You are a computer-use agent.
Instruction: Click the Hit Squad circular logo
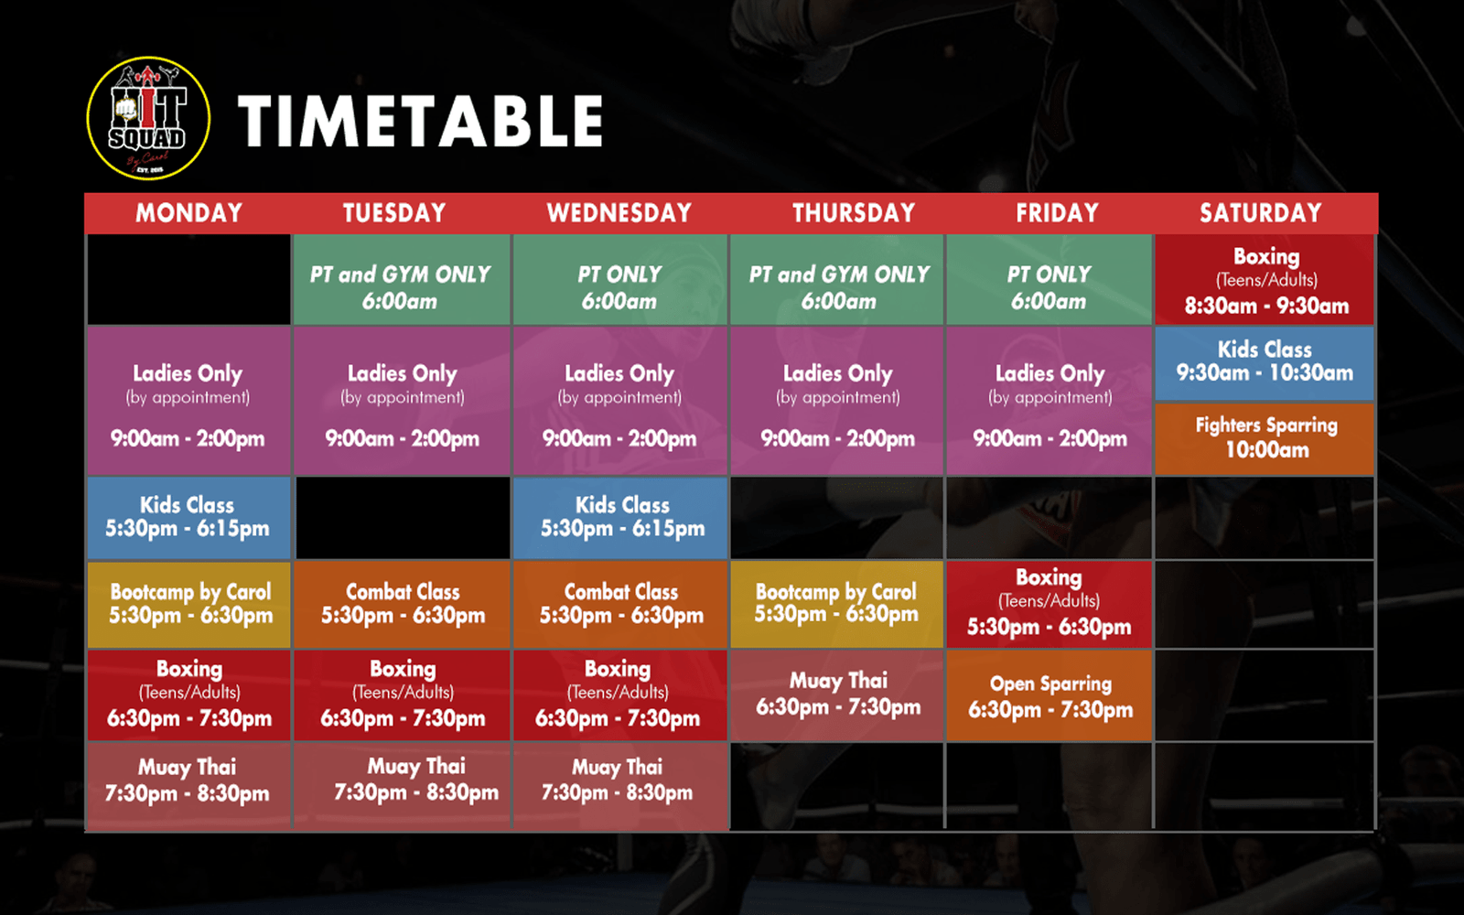coord(148,118)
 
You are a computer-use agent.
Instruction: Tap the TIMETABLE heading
coord(420,121)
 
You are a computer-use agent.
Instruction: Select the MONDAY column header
coord(188,213)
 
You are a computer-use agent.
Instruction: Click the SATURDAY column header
coord(1260,213)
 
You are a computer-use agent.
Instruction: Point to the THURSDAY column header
coord(854,213)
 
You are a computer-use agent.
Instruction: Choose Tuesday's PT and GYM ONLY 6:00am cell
coord(402,280)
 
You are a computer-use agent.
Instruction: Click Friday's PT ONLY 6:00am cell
coord(1049,280)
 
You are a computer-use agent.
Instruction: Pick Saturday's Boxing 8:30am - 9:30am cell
coord(1265,280)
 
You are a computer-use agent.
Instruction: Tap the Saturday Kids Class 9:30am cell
coord(1265,363)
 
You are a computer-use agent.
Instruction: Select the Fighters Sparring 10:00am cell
coord(1265,438)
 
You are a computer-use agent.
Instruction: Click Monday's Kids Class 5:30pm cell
coord(188,518)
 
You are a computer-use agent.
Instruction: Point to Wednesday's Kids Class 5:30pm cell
coord(620,518)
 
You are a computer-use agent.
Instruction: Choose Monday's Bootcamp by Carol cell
coord(188,605)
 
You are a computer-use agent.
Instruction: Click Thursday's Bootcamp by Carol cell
coord(836,605)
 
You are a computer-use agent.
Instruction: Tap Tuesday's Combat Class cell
coord(402,605)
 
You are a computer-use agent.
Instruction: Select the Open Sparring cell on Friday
coord(1049,695)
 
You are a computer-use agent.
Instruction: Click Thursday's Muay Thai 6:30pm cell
coord(836,695)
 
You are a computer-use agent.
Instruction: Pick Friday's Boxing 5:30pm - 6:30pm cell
coord(1049,605)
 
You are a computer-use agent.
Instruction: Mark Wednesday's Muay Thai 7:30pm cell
coord(620,786)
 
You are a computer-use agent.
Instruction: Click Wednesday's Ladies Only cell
coord(620,401)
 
